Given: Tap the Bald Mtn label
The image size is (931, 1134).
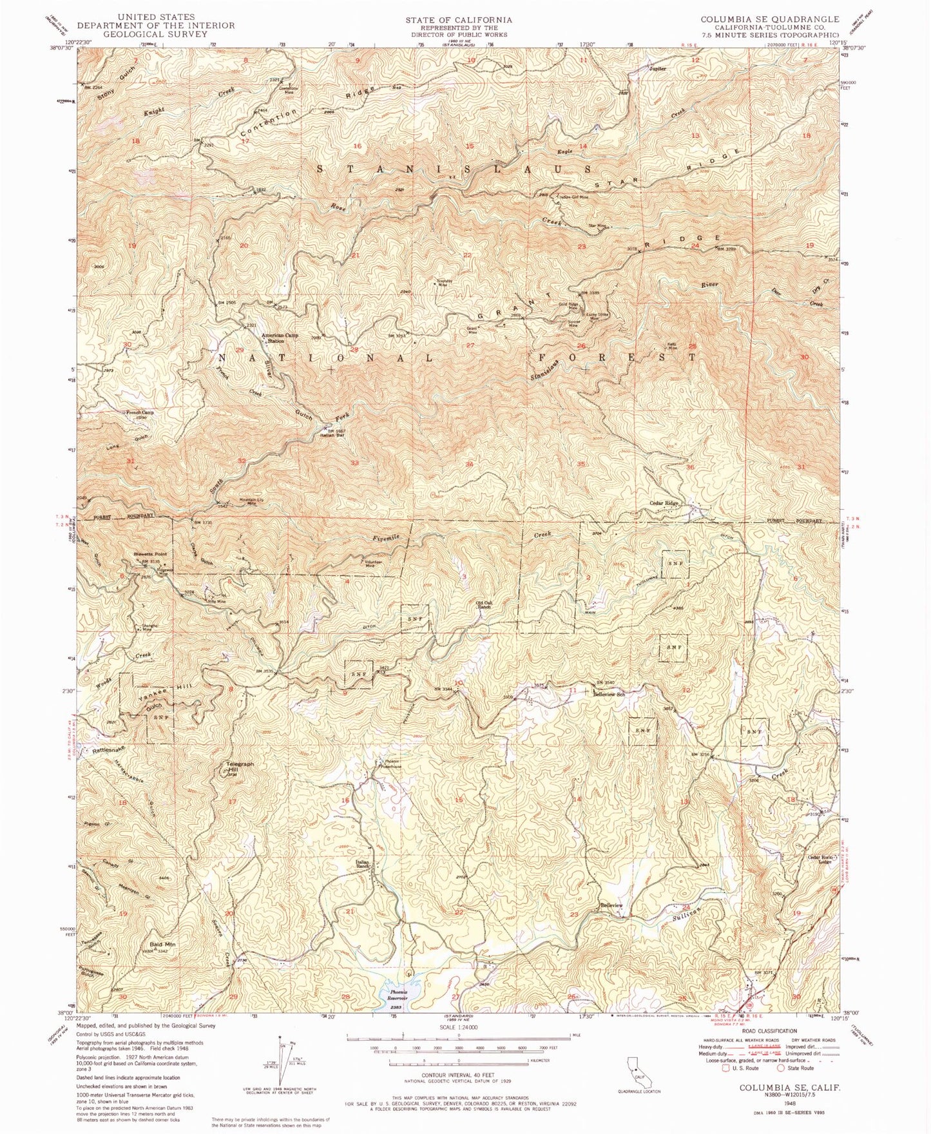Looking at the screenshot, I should [164, 945].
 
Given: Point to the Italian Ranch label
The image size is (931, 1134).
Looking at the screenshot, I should [363, 865].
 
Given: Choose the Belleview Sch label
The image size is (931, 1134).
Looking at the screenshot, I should [609, 695].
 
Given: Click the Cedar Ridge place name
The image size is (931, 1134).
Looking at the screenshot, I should [664, 503].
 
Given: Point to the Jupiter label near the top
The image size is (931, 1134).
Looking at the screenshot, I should [658, 68].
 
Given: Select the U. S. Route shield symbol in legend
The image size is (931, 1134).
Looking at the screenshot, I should [726, 1067].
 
